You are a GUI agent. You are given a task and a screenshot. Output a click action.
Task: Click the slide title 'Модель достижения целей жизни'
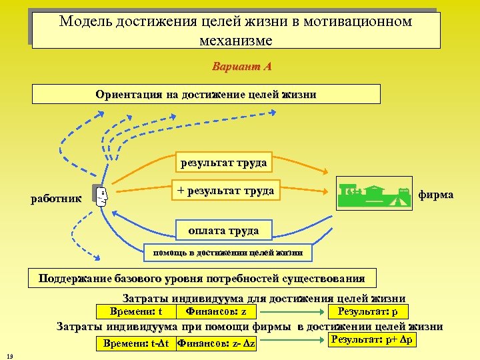point(236,31)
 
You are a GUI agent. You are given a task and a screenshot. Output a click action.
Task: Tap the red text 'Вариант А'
point(241,67)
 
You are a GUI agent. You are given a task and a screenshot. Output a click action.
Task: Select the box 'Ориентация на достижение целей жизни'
point(206,94)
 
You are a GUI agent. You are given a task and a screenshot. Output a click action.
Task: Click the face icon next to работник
point(101,197)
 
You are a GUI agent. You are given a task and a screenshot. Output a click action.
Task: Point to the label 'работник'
point(57,198)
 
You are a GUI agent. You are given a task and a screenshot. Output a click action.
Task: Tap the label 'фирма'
point(435,195)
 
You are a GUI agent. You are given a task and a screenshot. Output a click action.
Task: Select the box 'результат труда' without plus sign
point(223,162)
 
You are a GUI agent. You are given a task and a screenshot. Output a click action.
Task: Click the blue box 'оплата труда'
point(223,231)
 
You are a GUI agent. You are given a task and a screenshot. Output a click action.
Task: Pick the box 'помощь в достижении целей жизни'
point(228,253)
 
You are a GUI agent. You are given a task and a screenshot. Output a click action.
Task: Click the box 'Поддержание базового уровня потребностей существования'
point(202,278)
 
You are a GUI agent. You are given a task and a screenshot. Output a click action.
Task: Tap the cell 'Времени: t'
point(133,311)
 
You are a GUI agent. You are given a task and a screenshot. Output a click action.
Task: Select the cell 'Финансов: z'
point(215,311)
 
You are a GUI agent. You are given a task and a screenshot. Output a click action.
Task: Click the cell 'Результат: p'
point(368,311)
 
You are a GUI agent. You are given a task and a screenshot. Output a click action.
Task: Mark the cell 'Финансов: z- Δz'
point(217,343)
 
